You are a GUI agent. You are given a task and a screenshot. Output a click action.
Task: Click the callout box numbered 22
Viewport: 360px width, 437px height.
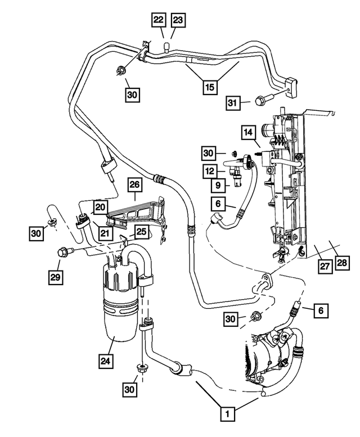(158, 20)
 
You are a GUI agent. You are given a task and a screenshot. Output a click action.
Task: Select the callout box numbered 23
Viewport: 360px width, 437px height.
(178, 20)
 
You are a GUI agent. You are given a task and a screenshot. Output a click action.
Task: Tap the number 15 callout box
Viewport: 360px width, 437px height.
(210, 87)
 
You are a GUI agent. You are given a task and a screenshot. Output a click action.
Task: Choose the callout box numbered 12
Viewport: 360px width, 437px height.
(210, 170)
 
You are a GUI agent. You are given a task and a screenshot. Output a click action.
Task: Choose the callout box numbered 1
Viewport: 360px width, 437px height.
(227, 415)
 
